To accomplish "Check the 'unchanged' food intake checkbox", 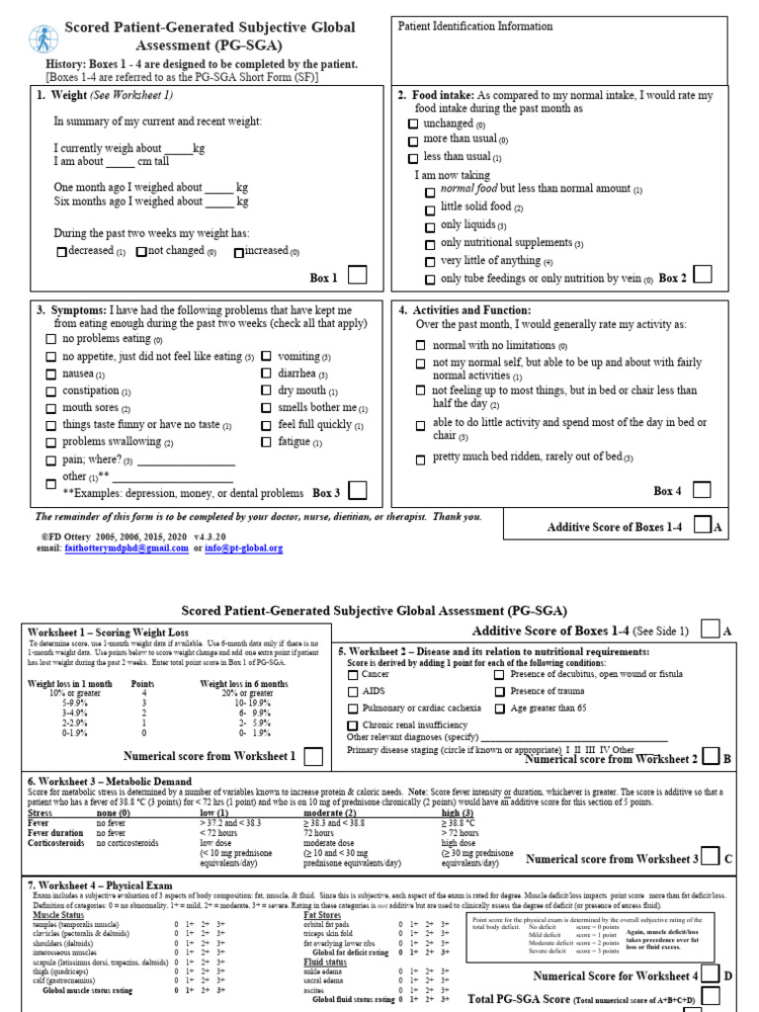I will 413,125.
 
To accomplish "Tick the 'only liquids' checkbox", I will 429,226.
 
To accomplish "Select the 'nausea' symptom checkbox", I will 51,375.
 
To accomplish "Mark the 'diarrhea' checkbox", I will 267,375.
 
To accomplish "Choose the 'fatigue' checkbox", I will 267,443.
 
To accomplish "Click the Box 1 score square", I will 358,276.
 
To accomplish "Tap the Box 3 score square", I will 358,490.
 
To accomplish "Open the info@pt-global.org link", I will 243,548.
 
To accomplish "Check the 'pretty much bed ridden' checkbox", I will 421,459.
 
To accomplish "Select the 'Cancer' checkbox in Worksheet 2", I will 354,674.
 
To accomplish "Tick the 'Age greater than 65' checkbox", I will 500,709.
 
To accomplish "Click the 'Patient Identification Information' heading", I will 475,27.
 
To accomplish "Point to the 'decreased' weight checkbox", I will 61,252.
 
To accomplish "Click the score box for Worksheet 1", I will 312,756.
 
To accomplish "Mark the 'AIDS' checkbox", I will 354,692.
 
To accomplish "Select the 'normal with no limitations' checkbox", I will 421,346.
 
